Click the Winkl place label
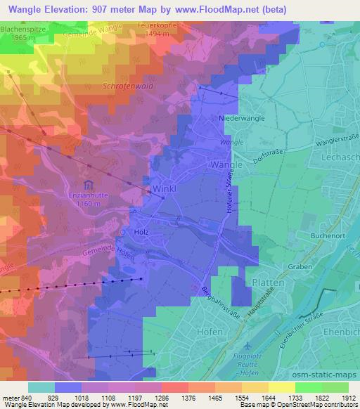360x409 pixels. tap(163, 190)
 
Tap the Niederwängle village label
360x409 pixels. tap(242, 119)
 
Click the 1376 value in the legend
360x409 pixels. tap(175, 398)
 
